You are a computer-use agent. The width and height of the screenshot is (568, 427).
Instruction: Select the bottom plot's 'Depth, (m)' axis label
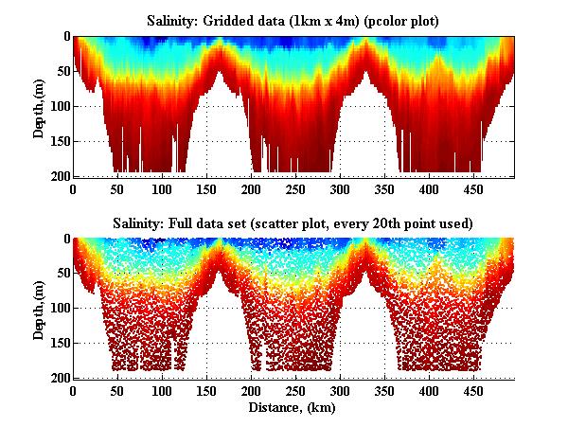39,308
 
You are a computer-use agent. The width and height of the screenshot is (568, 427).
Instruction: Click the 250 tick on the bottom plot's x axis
251,391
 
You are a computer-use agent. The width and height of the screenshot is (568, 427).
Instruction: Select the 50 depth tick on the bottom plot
61,274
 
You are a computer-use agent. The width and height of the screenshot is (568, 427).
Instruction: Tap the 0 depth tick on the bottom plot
65,240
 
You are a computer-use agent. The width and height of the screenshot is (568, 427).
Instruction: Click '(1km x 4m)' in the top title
344,20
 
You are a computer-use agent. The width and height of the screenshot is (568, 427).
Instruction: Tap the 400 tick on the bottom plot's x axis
384,391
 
